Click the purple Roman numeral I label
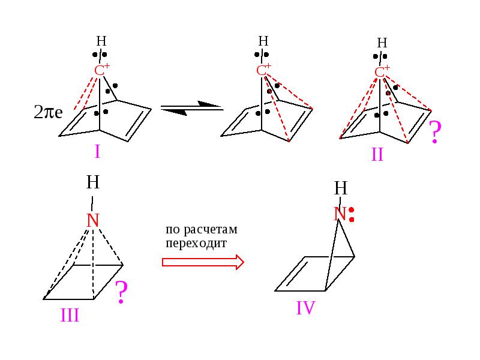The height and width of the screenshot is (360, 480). point(97,151)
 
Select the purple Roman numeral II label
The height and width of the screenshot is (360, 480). point(377,155)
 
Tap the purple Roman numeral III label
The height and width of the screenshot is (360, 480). point(70,316)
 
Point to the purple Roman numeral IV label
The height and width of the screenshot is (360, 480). point(305,308)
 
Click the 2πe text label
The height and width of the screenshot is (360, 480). point(49,112)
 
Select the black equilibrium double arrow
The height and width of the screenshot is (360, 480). point(192,108)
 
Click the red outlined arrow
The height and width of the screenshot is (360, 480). point(203,262)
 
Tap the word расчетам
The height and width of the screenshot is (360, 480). point(211,230)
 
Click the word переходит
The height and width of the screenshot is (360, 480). point(196,244)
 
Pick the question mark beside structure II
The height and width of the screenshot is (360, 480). point(435,131)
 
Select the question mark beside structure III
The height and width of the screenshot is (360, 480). point(121,292)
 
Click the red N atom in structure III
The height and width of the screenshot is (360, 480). point(93,220)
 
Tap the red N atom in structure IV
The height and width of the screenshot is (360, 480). point(340,214)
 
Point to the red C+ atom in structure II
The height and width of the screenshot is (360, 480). point(382,72)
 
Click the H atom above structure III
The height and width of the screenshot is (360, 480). point(93,182)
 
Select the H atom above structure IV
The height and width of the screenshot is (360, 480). point(341,188)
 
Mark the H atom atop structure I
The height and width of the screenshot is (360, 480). point(101,41)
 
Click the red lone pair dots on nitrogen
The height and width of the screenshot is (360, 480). point(352,215)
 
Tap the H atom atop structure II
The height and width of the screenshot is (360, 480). point(382,43)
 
